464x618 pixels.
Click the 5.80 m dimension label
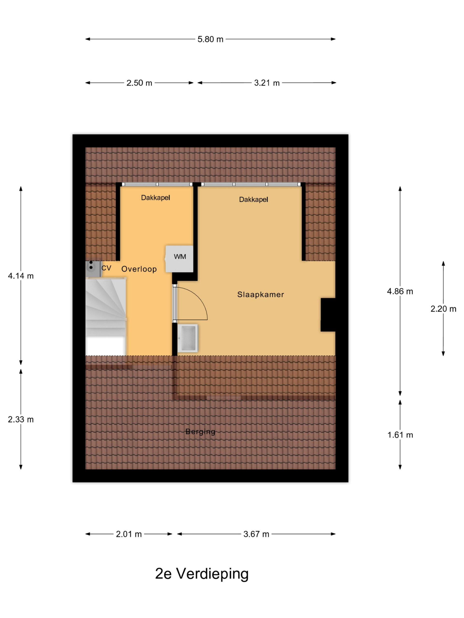tap(210, 39)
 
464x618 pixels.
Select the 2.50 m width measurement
tap(139, 83)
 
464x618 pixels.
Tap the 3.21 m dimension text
tap(267, 83)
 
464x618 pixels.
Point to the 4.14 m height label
tap(21, 276)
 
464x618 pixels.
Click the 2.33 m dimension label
tap(21, 419)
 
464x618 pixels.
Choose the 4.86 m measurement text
tap(400, 291)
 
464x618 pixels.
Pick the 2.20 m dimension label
tap(443, 309)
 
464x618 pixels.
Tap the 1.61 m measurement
tap(400, 435)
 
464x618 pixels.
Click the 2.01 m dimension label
tap(129, 534)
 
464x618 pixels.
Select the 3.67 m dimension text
tap(256, 534)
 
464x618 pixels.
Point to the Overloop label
tap(139, 269)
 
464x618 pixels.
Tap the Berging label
tap(200, 432)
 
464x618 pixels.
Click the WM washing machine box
tap(179, 259)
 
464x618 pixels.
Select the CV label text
tap(106, 268)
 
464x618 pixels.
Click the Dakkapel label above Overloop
tap(155, 198)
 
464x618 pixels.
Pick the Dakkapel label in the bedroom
tap(254, 199)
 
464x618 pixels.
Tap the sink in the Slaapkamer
tap(188, 338)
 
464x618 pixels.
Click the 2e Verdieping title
tap(202, 574)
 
